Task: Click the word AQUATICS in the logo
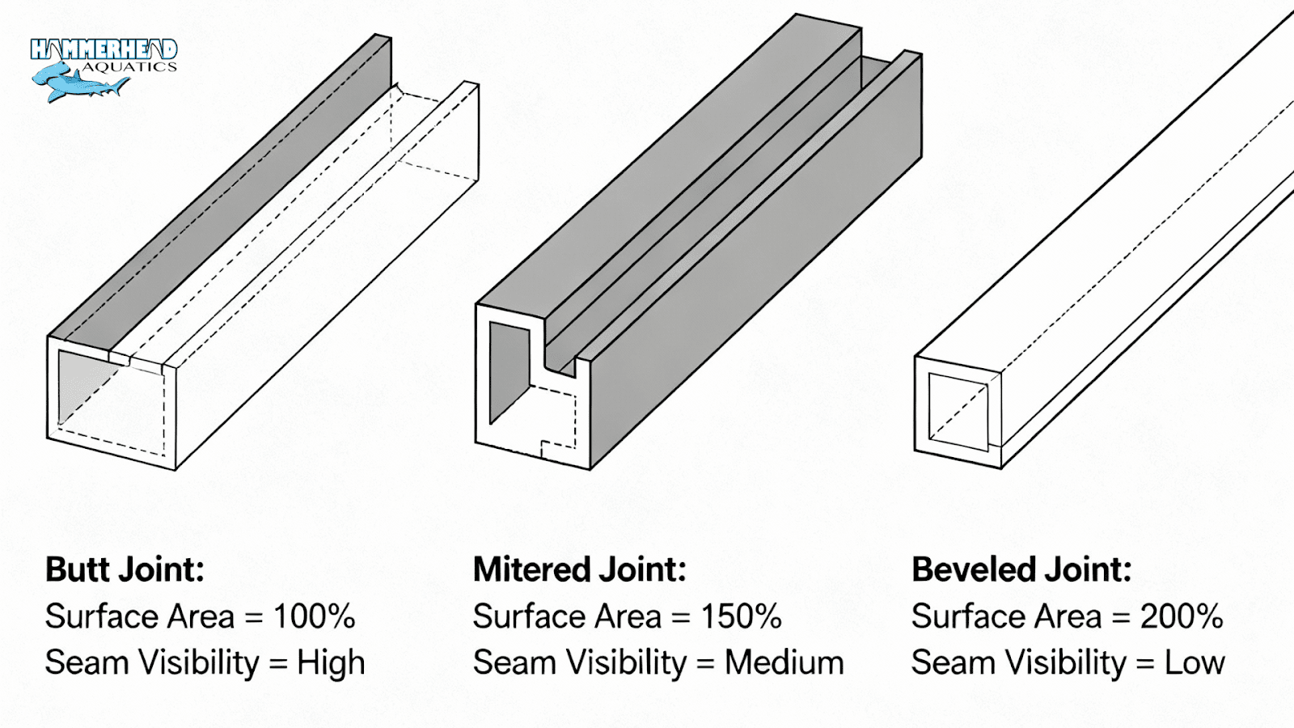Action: click(x=129, y=67)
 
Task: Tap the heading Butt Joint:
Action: click(x=125, y=569)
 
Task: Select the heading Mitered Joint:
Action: click(x=579, y=569)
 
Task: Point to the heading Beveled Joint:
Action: click(x=1021, y=569)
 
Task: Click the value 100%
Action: click(x=314, y=616)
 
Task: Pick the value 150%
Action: click(x=741, y=616)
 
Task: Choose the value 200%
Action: click(x=1181, y=616)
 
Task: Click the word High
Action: click(x=331, y=663)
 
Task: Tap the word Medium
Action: click(x=784, y=663)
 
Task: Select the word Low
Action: click(x=1195, y=663)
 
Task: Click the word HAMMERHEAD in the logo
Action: click(x=104, y=50)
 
